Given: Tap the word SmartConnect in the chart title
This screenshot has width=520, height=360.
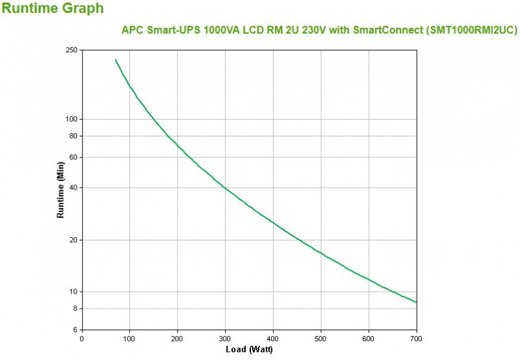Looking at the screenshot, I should (x=385, y=30).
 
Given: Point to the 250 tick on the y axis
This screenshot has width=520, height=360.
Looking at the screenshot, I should (x=71, y=50).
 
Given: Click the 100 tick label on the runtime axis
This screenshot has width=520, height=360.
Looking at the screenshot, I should (x=71, y=119).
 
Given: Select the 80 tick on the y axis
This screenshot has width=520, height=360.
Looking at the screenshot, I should (x=73, y=136).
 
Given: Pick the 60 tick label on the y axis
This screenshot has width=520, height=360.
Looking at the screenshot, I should (x=73, y=157).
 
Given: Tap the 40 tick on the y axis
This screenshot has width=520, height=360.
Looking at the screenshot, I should (x=73, y=188).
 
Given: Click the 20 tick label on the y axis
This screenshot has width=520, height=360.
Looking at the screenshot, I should (x=73, y=240).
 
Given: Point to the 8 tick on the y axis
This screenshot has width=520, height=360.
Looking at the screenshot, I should (x=75, y=308).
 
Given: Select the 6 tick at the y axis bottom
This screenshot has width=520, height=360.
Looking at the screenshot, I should (x=75, y=329).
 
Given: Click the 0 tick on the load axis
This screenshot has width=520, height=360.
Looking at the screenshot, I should (x=81, y=338).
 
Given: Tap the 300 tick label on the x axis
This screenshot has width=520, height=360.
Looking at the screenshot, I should (x=225, y=338).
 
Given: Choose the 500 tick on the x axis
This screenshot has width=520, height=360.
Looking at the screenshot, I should (x=320, y=338).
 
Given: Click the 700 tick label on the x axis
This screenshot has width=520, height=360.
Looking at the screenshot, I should (x=417, y=338).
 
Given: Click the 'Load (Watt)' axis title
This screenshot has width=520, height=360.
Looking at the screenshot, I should (x=249, y=350).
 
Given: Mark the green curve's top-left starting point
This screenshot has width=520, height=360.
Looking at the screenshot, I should (x=115, y=60).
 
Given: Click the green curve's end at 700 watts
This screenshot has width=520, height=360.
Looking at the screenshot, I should (x=416, y=302).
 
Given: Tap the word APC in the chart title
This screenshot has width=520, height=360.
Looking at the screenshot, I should (x=133, y=30).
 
